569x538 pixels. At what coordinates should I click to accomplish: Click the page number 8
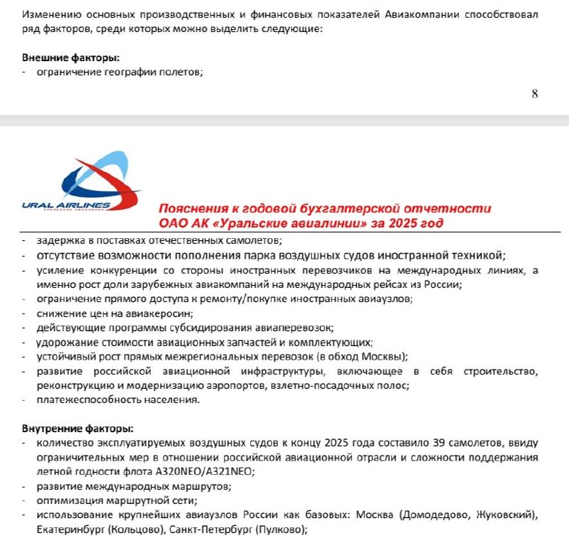click(x=535, y=94)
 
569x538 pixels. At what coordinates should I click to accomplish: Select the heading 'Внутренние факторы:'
click(x=77, y=429)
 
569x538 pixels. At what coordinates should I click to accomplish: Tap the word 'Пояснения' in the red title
click(x=188, y=210)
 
